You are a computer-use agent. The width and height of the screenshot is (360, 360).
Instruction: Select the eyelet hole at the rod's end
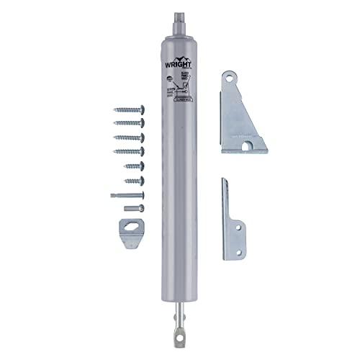coord(179,333)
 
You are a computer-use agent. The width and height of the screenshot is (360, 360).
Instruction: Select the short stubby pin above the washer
coord(134,208)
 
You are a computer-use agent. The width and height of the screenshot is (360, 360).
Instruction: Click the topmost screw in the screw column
coord(129,110)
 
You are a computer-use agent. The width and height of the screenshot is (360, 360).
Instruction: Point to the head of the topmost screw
coord(141,110)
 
